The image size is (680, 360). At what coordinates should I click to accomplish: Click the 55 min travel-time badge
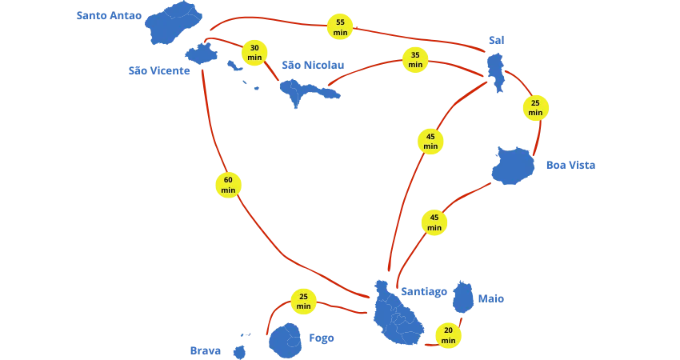point(340,26)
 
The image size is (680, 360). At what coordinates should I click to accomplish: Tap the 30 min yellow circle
point(254,52)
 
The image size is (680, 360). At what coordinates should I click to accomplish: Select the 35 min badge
point(414,60)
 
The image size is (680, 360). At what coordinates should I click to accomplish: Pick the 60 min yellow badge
point(228,185)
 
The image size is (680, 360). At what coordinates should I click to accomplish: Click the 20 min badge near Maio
point(448,334)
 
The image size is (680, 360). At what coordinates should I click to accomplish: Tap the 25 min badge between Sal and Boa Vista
point(535,107)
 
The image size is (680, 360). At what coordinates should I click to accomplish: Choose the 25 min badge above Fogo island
point(303,301)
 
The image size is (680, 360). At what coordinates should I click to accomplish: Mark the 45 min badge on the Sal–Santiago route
point(430,141)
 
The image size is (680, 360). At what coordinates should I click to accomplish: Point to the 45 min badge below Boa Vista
point(434,222)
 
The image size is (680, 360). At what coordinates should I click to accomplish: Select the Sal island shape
point(495,68)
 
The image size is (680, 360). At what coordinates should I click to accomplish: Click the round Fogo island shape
point(286,339)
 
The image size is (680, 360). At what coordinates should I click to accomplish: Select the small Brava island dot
point(238,351)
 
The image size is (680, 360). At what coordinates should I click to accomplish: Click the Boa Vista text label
point(569,166)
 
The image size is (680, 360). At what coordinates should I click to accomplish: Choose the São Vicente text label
point(160,70)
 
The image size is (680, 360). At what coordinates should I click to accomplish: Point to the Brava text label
point(205,350)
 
